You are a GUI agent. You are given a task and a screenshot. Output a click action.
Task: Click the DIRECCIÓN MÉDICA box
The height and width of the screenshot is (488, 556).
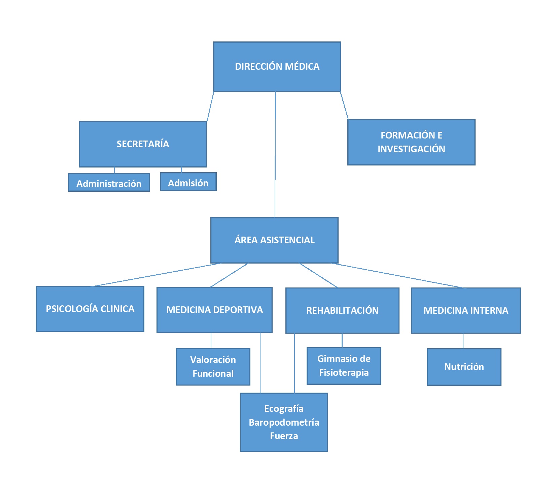[277, 66]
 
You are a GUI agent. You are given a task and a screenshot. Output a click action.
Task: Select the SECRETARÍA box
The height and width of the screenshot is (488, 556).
[143, 144]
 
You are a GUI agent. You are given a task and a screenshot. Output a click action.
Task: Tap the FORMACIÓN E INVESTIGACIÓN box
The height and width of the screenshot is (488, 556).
[411, 142]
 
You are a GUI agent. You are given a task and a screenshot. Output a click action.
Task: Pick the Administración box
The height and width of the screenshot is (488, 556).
[109, 183]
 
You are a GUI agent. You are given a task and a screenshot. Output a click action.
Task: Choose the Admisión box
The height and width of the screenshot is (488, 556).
[188, 183]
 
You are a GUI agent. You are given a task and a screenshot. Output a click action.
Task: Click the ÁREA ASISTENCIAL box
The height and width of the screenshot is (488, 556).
[274, 240]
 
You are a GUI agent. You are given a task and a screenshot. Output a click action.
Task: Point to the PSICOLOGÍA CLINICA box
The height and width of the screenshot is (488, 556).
[90, 309]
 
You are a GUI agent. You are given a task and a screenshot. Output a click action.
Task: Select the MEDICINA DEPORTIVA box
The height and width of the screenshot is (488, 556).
[214, 310]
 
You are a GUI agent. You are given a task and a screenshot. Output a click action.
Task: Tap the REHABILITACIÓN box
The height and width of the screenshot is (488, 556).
[342, 310]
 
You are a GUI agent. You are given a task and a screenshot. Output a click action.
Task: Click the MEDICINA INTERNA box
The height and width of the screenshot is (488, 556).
[466, 310]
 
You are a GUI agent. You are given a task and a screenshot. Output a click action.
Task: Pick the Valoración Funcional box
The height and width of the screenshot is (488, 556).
[213, 366]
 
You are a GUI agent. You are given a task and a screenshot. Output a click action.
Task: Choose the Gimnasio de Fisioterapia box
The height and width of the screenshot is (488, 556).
[344, 366]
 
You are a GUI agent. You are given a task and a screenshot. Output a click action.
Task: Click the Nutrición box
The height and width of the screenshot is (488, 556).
[464, 367]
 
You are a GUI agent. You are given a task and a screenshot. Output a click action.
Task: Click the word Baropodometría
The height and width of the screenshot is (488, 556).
[284, 422]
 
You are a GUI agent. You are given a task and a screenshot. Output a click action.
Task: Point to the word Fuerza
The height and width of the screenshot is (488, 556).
[284, 436]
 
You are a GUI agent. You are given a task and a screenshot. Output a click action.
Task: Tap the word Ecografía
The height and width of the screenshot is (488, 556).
[284, 408]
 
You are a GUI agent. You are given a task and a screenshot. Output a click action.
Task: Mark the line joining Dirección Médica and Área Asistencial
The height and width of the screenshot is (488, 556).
[275, 155]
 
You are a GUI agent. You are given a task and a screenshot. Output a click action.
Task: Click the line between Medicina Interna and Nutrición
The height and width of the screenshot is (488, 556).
[463, 341]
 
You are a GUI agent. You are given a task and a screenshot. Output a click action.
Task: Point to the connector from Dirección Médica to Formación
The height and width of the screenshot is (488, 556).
[344, 105]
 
